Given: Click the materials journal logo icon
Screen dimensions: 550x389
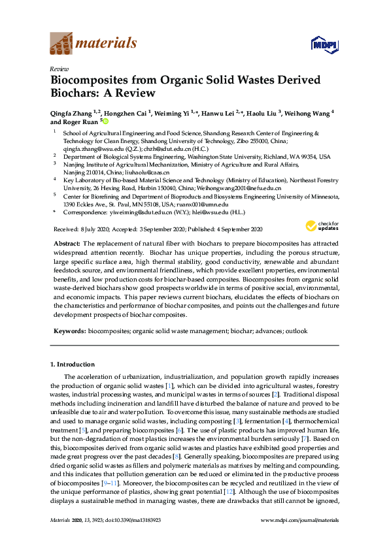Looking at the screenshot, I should [61, 44].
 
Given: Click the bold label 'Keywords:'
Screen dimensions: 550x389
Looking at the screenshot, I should [69, 331].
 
